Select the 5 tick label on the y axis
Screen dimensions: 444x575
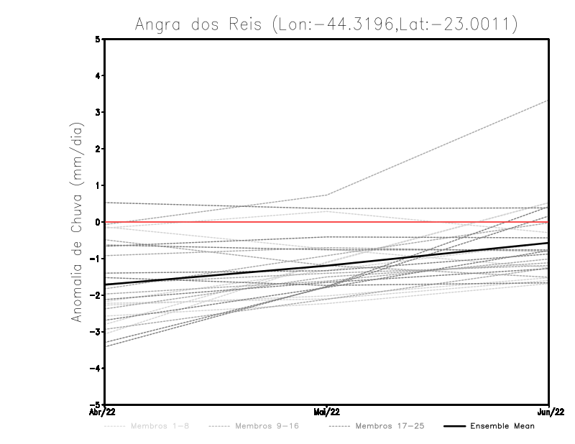(x=98, y=39)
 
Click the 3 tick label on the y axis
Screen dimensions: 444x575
(x=98, y=112)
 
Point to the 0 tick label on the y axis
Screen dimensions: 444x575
(x=98, y=222)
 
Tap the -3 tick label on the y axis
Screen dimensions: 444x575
(x=96, y=332)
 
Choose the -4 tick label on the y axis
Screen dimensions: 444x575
(x=96, y=369)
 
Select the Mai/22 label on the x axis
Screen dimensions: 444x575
(x=327, y=413)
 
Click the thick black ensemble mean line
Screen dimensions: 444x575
(x=216, y=275)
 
